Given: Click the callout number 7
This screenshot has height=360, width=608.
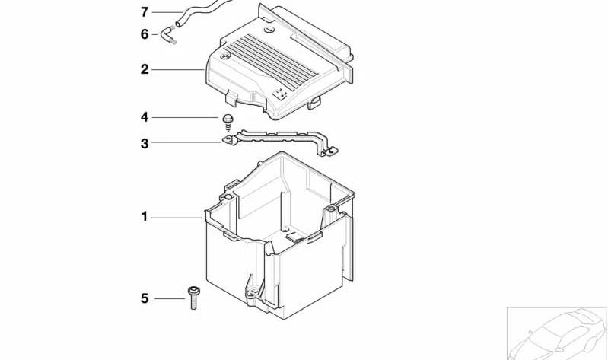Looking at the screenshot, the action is pyautogui.click(x=145, y=12).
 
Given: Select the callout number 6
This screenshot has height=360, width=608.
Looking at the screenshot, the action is pyautogui.click(x=145, y=34).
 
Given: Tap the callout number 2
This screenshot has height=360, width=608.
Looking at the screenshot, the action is pyautogui.click(x=145, y=69).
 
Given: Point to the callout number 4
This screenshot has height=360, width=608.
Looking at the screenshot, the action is pyautogui.click(x=145, y=117).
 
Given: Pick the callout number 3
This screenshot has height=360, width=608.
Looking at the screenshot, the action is pyautogui.click(x=145, y=144).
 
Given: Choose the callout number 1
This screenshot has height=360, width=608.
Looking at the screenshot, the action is pyautogui.click(x=145, y=216).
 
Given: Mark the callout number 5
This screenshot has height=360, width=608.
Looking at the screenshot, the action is pyautogui.click(x=145, y=298).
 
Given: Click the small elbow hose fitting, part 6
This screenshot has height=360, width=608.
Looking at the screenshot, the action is pyautogui.click(x=168, y=35).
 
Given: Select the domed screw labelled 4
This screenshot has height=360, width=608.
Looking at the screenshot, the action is pyautogui.click(x=228, y=123).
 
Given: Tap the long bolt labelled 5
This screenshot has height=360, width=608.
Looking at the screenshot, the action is pyautogui.click(x=193, y=298).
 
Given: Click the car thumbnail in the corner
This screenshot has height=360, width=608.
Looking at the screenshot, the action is pyautogui.click(x=557, y=333).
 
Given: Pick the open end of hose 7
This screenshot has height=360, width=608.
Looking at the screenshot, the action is pyautogui.click(x=178, y=24).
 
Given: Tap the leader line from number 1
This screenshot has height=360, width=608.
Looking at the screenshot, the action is pyautogui.click(x=177, y=218).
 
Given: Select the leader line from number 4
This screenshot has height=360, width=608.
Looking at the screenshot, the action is pyautogui.click(x=185, y=117).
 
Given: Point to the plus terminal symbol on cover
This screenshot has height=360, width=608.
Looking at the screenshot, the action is pyautogui.click(x=225, y=56).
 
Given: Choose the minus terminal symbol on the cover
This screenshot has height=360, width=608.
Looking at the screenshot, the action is pyautogui.click(x=269, y=30).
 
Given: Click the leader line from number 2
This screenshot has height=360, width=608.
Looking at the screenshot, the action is pyautogui.click(x=178, y=70).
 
